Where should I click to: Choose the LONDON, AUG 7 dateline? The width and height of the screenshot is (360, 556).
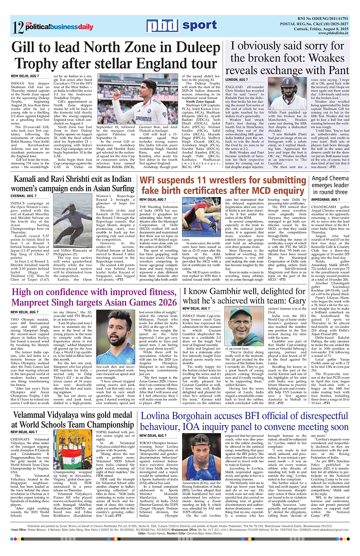click(237, 79)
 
